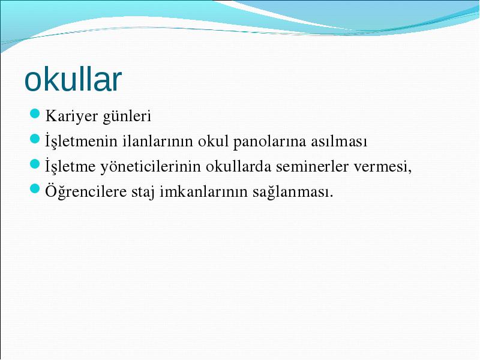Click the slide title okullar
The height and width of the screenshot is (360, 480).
(73, 79)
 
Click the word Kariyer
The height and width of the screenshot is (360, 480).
(71, 116)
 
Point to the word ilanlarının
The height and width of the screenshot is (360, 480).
(158, 141)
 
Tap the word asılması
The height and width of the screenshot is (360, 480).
(339, 141)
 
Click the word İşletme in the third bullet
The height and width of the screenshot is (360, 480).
(70, 166)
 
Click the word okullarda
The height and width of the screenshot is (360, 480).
(238, 166)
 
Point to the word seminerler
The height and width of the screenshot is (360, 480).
(312, 166)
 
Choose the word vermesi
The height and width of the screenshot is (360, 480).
(381, 167)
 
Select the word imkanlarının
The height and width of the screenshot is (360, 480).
(203, 191)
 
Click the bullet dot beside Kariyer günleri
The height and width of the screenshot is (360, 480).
(35, 113)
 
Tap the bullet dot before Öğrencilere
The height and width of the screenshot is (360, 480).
(35, 189)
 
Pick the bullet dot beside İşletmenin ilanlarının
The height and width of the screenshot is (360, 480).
(35, 139)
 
